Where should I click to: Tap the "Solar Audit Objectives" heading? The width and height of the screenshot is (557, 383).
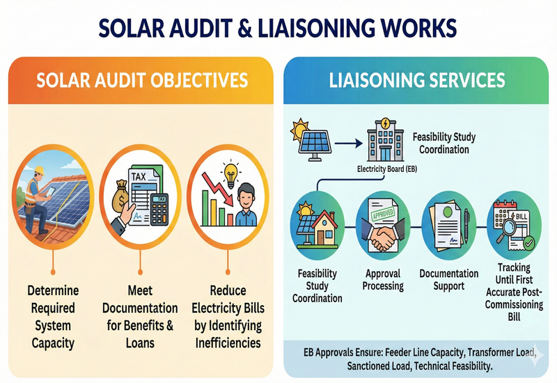[142, 81]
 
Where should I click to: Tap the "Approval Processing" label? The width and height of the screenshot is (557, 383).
[383, 280]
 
